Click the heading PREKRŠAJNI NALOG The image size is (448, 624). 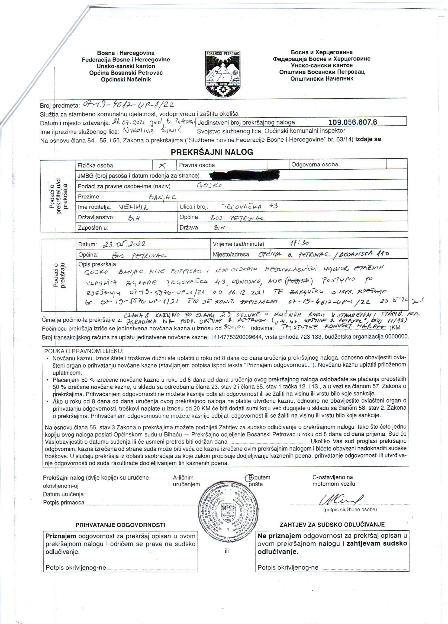212,152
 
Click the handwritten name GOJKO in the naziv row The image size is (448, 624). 209,186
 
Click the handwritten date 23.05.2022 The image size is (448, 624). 123,244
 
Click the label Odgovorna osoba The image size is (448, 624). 314,164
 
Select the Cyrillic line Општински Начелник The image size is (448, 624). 322,79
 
